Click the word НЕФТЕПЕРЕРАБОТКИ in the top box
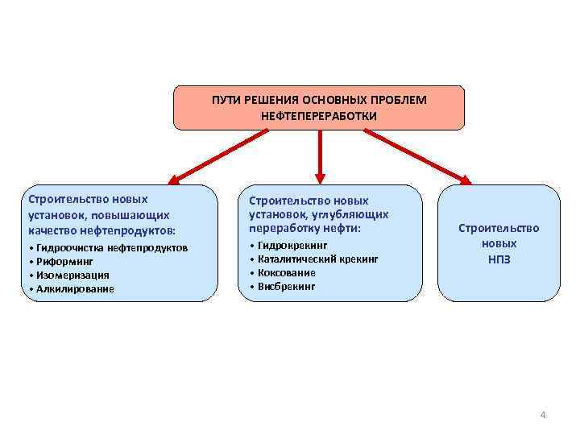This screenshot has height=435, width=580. (x=319, y=116)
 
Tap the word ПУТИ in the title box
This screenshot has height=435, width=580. (x=226, y=100)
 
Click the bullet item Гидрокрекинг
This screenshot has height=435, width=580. (x=292, y=244)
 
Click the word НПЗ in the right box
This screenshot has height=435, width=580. (x=499, y=259)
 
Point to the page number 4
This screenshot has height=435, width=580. (x=543, y=415)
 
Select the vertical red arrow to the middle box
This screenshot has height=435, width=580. (x=319, y=155)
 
